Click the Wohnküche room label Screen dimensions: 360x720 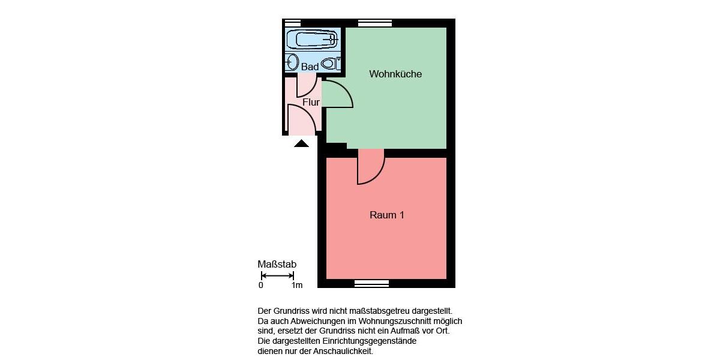coord(395,74)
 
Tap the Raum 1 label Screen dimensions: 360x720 coord(386,215)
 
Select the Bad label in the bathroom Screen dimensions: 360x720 coord(310,67)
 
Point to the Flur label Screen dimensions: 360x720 coord(311,103)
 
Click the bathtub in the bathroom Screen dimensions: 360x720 coord(312,40)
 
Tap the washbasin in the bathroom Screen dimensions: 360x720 coord(292,62)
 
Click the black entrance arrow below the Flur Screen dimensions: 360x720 coord(301,143)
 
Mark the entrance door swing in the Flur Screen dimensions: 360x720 coord(301,119)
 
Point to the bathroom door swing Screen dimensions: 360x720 coord(306,86)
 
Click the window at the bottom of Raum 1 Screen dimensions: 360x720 coord(371,283)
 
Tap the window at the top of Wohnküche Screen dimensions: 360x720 coord(374,23)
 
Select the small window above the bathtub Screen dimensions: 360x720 coord(292,23)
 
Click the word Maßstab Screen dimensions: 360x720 coord(277,265)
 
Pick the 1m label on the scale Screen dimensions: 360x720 coord(296,286)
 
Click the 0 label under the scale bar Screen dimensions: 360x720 coord(261,286)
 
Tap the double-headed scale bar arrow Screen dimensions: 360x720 coord(277,276)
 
